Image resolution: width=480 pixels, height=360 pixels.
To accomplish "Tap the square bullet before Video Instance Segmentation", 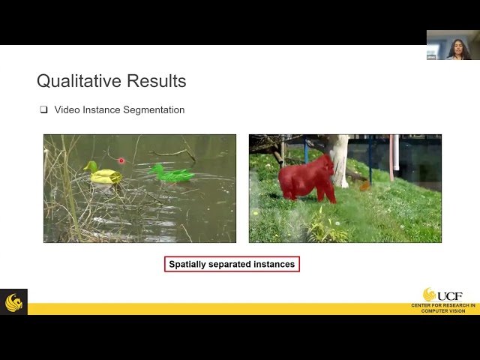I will pyautogui.click(x=43, y=109).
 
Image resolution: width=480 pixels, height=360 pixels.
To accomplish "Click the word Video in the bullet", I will pyautogui.click(x=65, y=110).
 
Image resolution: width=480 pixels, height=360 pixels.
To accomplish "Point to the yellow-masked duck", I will pyautogui.click(x=103, y=175).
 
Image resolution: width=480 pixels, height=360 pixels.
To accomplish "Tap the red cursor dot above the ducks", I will pyautogui.click(x=121, y=160).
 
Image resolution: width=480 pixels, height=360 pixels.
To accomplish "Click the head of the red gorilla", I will pyautogui.click(x=325, y=163).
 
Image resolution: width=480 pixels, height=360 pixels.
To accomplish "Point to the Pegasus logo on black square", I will pyautogui.click(x=13, y=301).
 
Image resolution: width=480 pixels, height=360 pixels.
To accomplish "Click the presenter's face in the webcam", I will pyautogui.click(x=457, y=46).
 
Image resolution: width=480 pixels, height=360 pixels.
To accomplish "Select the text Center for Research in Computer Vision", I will pyautogui.click(x=442, y=308).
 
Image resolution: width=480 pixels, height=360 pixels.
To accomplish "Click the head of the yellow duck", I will pyautogui.click(x=90, y=166).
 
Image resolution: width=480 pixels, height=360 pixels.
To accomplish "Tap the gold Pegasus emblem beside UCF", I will pyautogui.click(x=429, y=294).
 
